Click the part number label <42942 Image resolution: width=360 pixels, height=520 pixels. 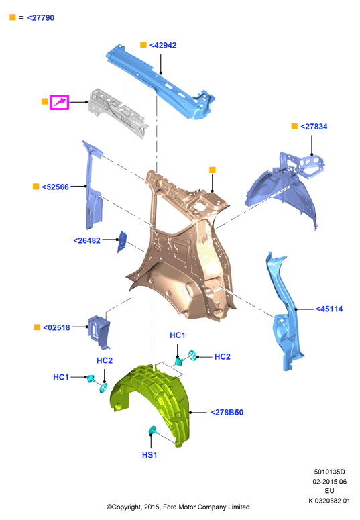point(163,45)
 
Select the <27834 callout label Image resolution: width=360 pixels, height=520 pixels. point(314,127)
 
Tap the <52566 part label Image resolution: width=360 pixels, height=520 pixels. point(55,187)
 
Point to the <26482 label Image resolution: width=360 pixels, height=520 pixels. point(86,240)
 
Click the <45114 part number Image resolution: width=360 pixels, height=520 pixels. point(329,309)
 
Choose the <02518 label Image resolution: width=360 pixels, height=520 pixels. point(56,327)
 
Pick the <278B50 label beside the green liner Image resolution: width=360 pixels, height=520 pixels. point(227,413)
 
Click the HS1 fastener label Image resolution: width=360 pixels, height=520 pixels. point(149,455)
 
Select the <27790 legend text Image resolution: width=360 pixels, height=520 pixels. point(40,18)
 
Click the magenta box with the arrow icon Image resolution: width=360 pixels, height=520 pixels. point(60,102)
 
